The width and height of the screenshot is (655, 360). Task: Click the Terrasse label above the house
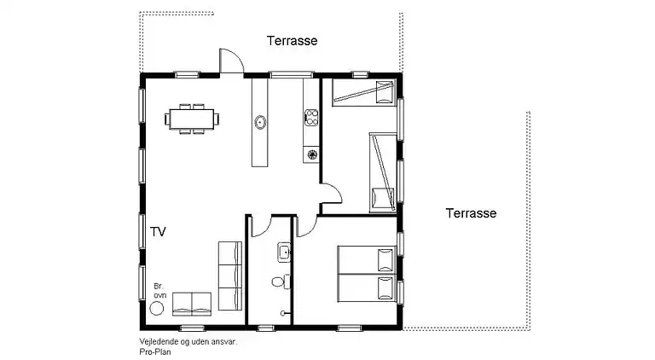293,40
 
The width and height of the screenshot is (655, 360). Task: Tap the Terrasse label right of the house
471,213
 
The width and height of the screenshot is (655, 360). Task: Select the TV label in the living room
158,231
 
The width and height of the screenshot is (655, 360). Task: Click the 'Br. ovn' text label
158,290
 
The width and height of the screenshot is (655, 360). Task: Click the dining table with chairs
193,119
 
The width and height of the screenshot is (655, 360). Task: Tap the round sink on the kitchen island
260,123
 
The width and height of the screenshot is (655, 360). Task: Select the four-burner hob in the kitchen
310,116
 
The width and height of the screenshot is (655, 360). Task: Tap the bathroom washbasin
283,253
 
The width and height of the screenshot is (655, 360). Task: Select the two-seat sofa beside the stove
192,302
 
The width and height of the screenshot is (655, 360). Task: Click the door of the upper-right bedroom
332,195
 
